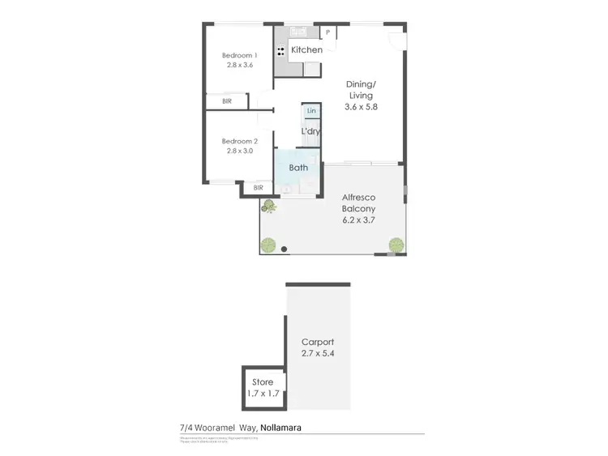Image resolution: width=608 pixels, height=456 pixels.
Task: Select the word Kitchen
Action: [307, 50]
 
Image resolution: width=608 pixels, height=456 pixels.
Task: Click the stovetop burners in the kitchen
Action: [280, 50]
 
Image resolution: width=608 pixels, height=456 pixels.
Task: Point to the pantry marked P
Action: [328, 33]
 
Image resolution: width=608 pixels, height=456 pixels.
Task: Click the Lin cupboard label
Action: [310, 110]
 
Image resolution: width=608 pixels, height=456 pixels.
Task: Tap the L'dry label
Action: [310, 131]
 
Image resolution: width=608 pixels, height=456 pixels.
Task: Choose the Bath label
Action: [299, 168]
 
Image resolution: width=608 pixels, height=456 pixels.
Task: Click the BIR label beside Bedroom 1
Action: [227, 101]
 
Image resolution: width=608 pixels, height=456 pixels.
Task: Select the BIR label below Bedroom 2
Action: [258, 188]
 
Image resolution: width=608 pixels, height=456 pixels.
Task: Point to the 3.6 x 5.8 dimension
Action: [360, 106]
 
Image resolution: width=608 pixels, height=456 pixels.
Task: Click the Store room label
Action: [262, 382]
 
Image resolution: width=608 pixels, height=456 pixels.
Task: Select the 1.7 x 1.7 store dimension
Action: [262, 394]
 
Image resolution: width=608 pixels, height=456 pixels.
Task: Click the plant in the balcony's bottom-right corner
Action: [396, 244]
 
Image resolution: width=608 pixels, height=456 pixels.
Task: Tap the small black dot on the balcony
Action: [284, 249]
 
